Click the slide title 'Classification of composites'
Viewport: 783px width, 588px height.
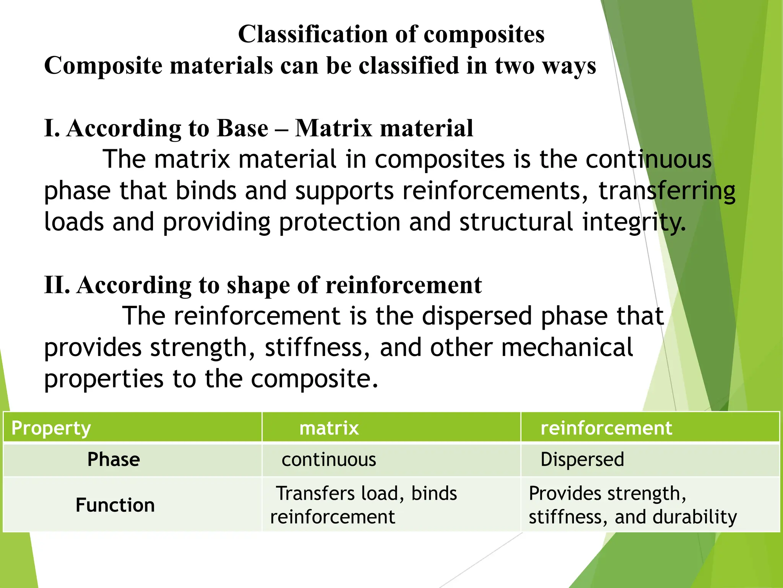tap(391, 34)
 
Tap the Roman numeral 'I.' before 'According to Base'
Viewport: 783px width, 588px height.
tap(52, 128)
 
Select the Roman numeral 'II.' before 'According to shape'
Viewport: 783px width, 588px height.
tap(57, 285)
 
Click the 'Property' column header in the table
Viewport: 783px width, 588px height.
tap(51, 428)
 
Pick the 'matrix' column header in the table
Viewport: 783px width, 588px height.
tap(329, 428)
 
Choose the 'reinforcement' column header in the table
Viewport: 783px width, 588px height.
tap(606, 428)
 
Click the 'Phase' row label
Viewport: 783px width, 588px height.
tap(114, 459)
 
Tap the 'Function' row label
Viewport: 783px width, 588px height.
tap(115, 505)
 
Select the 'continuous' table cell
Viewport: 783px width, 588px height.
tap(329, 459)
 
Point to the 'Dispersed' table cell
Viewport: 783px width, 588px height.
tap(582, 459)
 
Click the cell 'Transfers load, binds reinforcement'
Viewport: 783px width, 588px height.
tap(363, 505)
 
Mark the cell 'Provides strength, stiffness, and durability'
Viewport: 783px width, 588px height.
tap(632, 505)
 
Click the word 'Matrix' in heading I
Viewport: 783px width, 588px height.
tap(333, 128)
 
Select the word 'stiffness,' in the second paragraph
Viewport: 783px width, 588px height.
tap(317, 348)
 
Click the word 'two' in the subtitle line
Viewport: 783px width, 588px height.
tap(514, 65)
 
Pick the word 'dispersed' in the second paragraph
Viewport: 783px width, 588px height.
tap(477, 316)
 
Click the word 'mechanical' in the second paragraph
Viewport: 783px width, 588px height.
tap(567, 348)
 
